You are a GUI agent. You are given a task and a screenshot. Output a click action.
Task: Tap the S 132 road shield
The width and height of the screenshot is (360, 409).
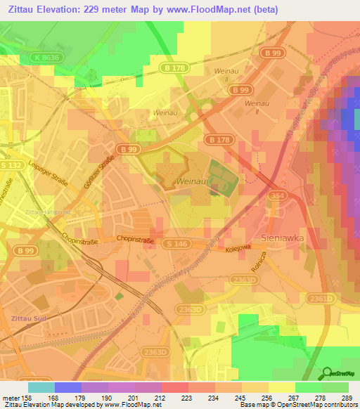[x=12, y=164]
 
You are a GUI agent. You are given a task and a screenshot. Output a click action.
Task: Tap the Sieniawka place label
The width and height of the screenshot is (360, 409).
[x=282, y=238]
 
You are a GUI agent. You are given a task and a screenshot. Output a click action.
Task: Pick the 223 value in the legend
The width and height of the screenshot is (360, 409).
[x=188, y=397]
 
